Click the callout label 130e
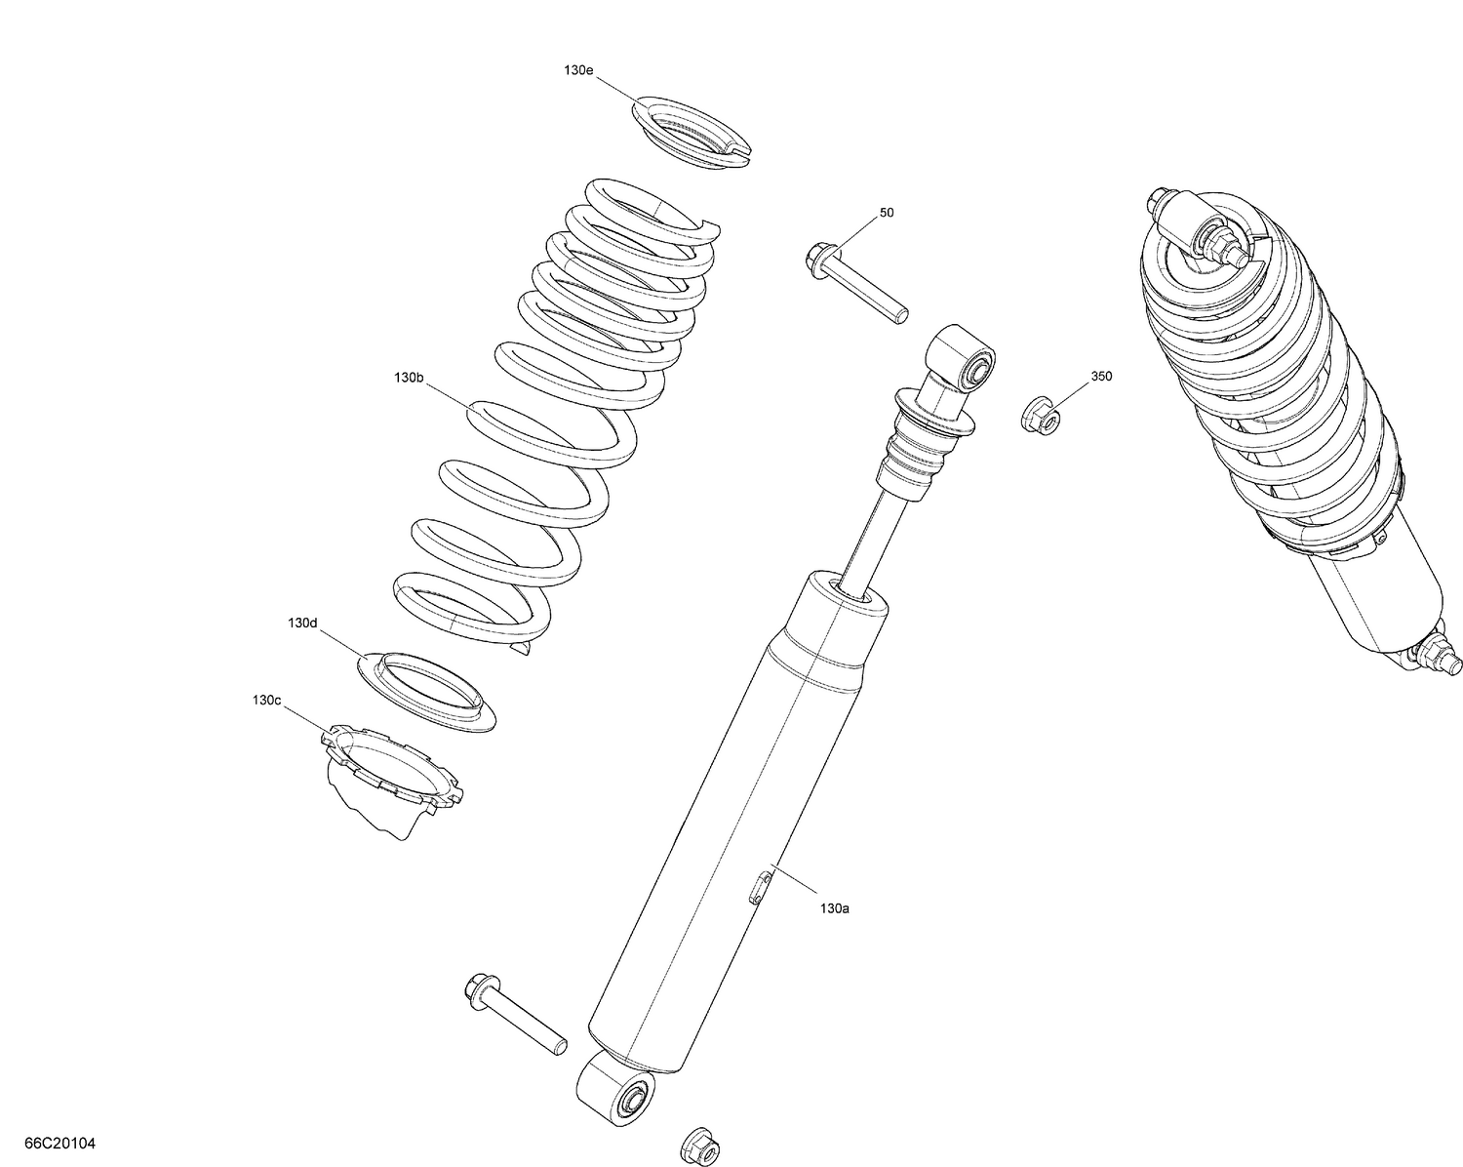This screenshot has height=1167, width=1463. pos(577,70)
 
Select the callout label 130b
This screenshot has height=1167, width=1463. pos(409,377)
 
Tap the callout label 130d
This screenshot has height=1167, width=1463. pos(302,623)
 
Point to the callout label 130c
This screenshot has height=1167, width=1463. pos(266,701)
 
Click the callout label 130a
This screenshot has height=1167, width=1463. pos(834,908)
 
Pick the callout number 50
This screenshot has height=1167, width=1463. pos(886,212)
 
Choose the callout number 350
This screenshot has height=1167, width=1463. pos(1101,377)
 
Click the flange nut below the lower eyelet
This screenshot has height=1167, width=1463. pos(697,1140)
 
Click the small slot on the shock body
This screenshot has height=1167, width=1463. pos(759,889)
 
